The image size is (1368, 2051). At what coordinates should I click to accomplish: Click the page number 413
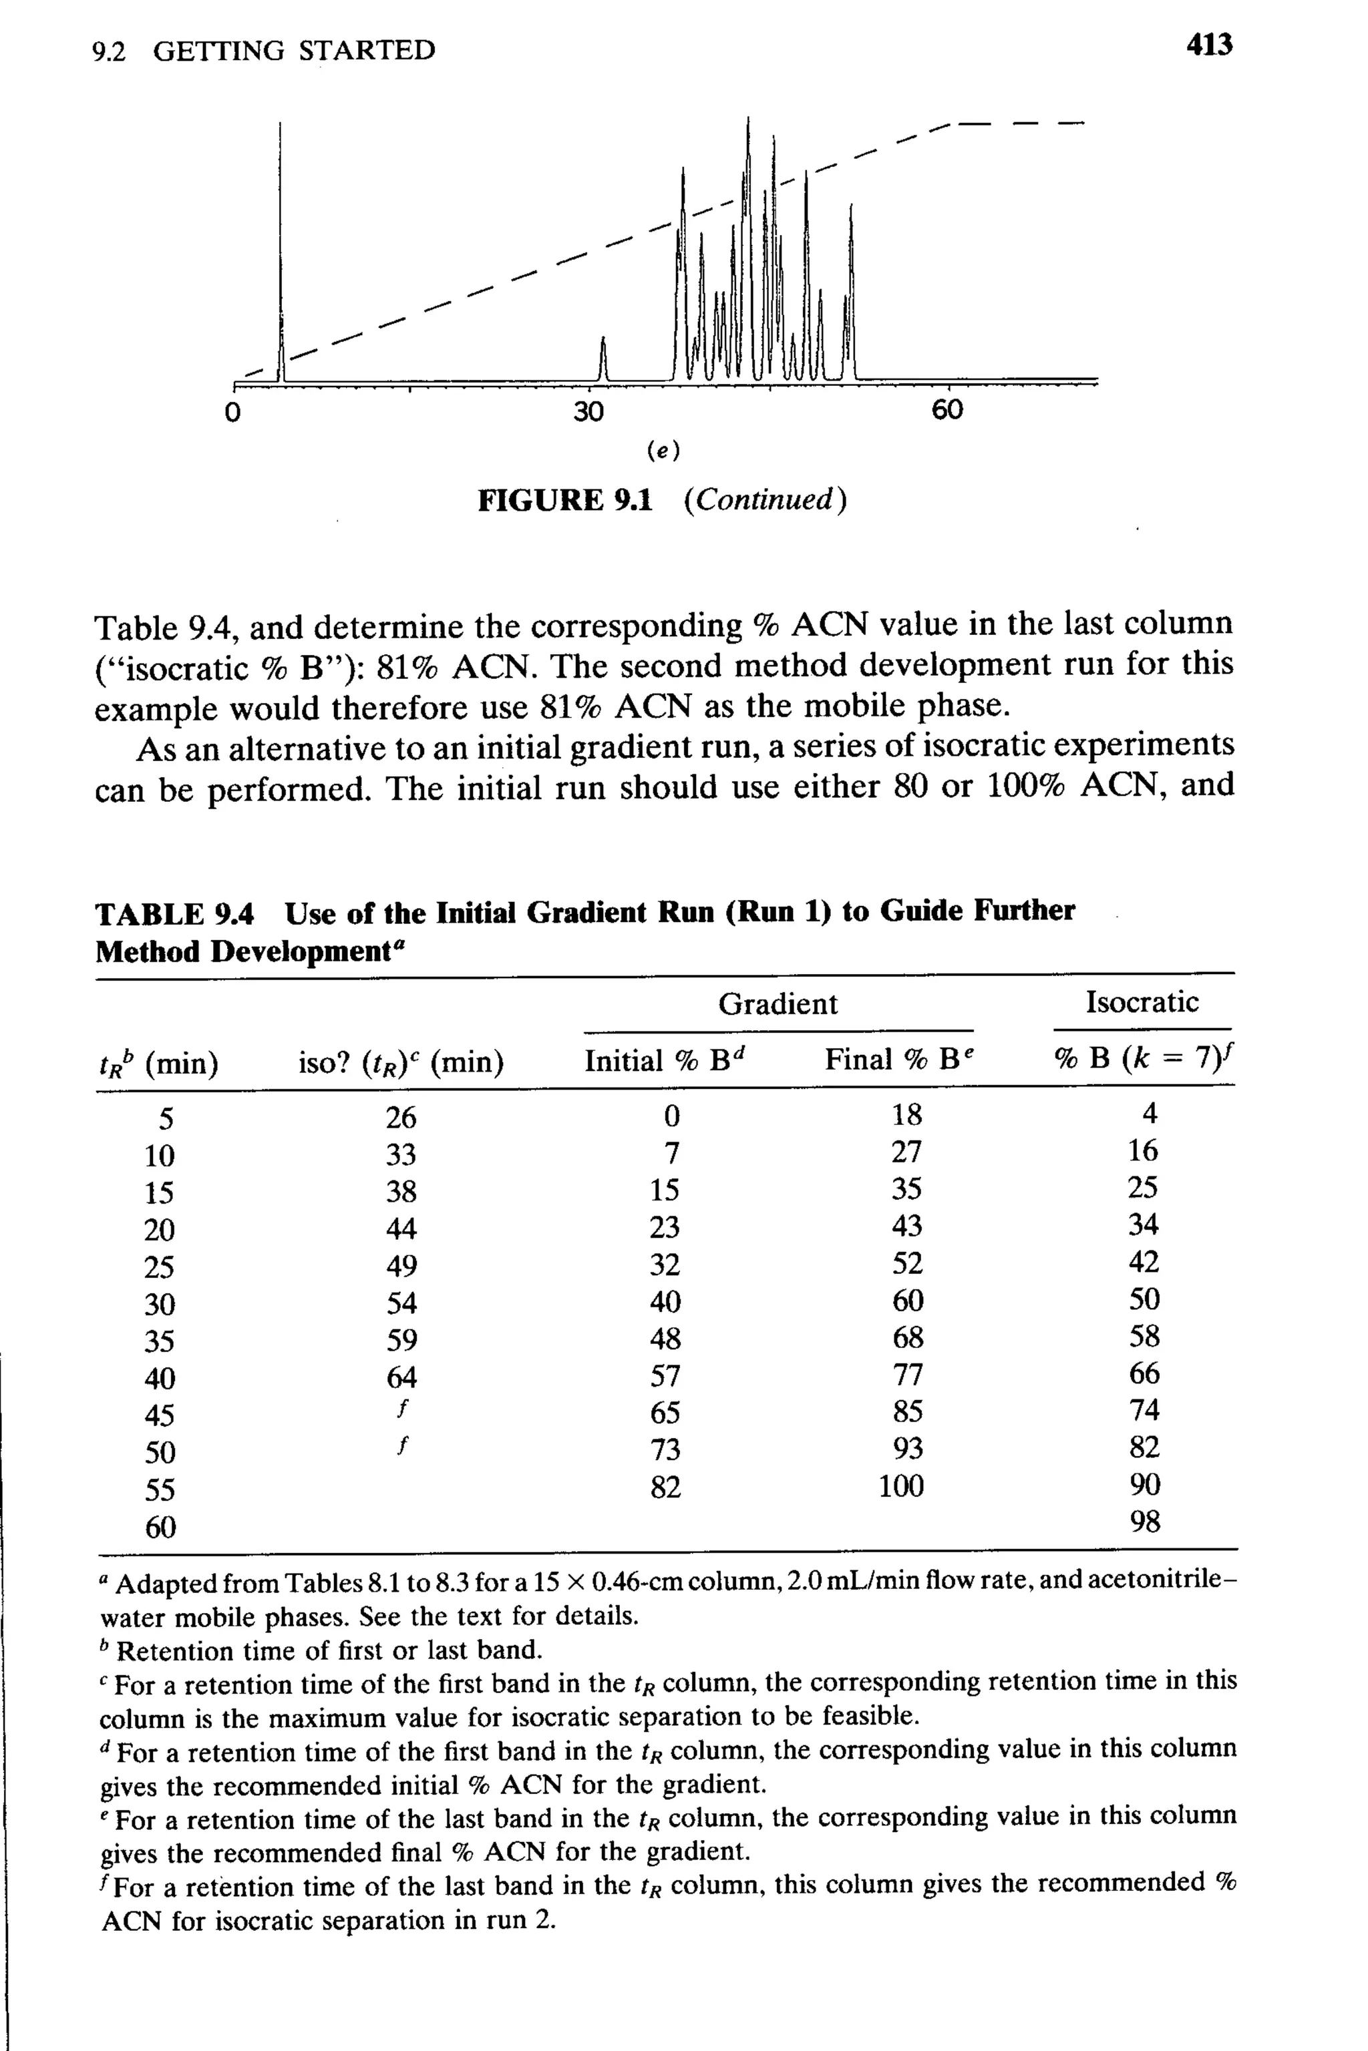coord(1208,45)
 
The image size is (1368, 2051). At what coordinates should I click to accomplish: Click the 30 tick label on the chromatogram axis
coord(588,411)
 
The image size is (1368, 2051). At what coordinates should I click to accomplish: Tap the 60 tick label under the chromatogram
coord(947,410)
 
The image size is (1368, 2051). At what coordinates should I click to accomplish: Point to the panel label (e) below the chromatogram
coord(664,451)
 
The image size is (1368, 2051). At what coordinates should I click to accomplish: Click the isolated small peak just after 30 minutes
coord(603,359)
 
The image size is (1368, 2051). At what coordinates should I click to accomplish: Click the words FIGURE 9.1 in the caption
coord(564,501)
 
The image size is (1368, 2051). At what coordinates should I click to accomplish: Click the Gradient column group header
coord(778,1003)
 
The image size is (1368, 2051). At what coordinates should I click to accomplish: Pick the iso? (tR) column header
coord(401,1063)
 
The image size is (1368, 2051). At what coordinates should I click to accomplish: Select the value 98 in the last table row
coord(1145,1522)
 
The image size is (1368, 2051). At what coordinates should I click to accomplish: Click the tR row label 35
coord(159,1341)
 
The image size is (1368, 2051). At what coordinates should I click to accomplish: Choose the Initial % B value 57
coord(665,1376)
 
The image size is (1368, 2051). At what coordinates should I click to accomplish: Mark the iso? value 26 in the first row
coord(401,1117)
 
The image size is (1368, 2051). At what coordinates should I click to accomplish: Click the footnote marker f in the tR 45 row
coord(401,1408)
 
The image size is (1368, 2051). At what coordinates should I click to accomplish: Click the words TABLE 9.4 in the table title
coord(174,915)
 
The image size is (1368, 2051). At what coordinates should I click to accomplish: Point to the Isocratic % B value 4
coord(1150,1114)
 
